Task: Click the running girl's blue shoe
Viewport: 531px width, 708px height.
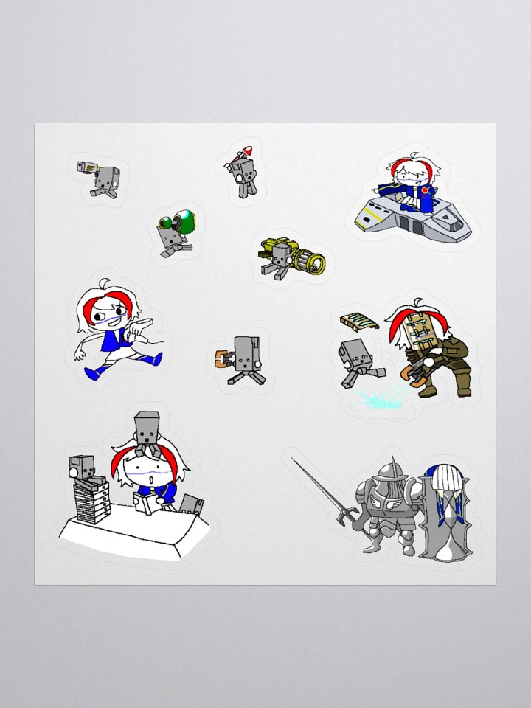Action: (x=95, y=372)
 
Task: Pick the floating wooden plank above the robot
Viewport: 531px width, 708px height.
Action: (x=359, y=322)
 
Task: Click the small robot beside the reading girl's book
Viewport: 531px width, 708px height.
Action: (x=192, y=505)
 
